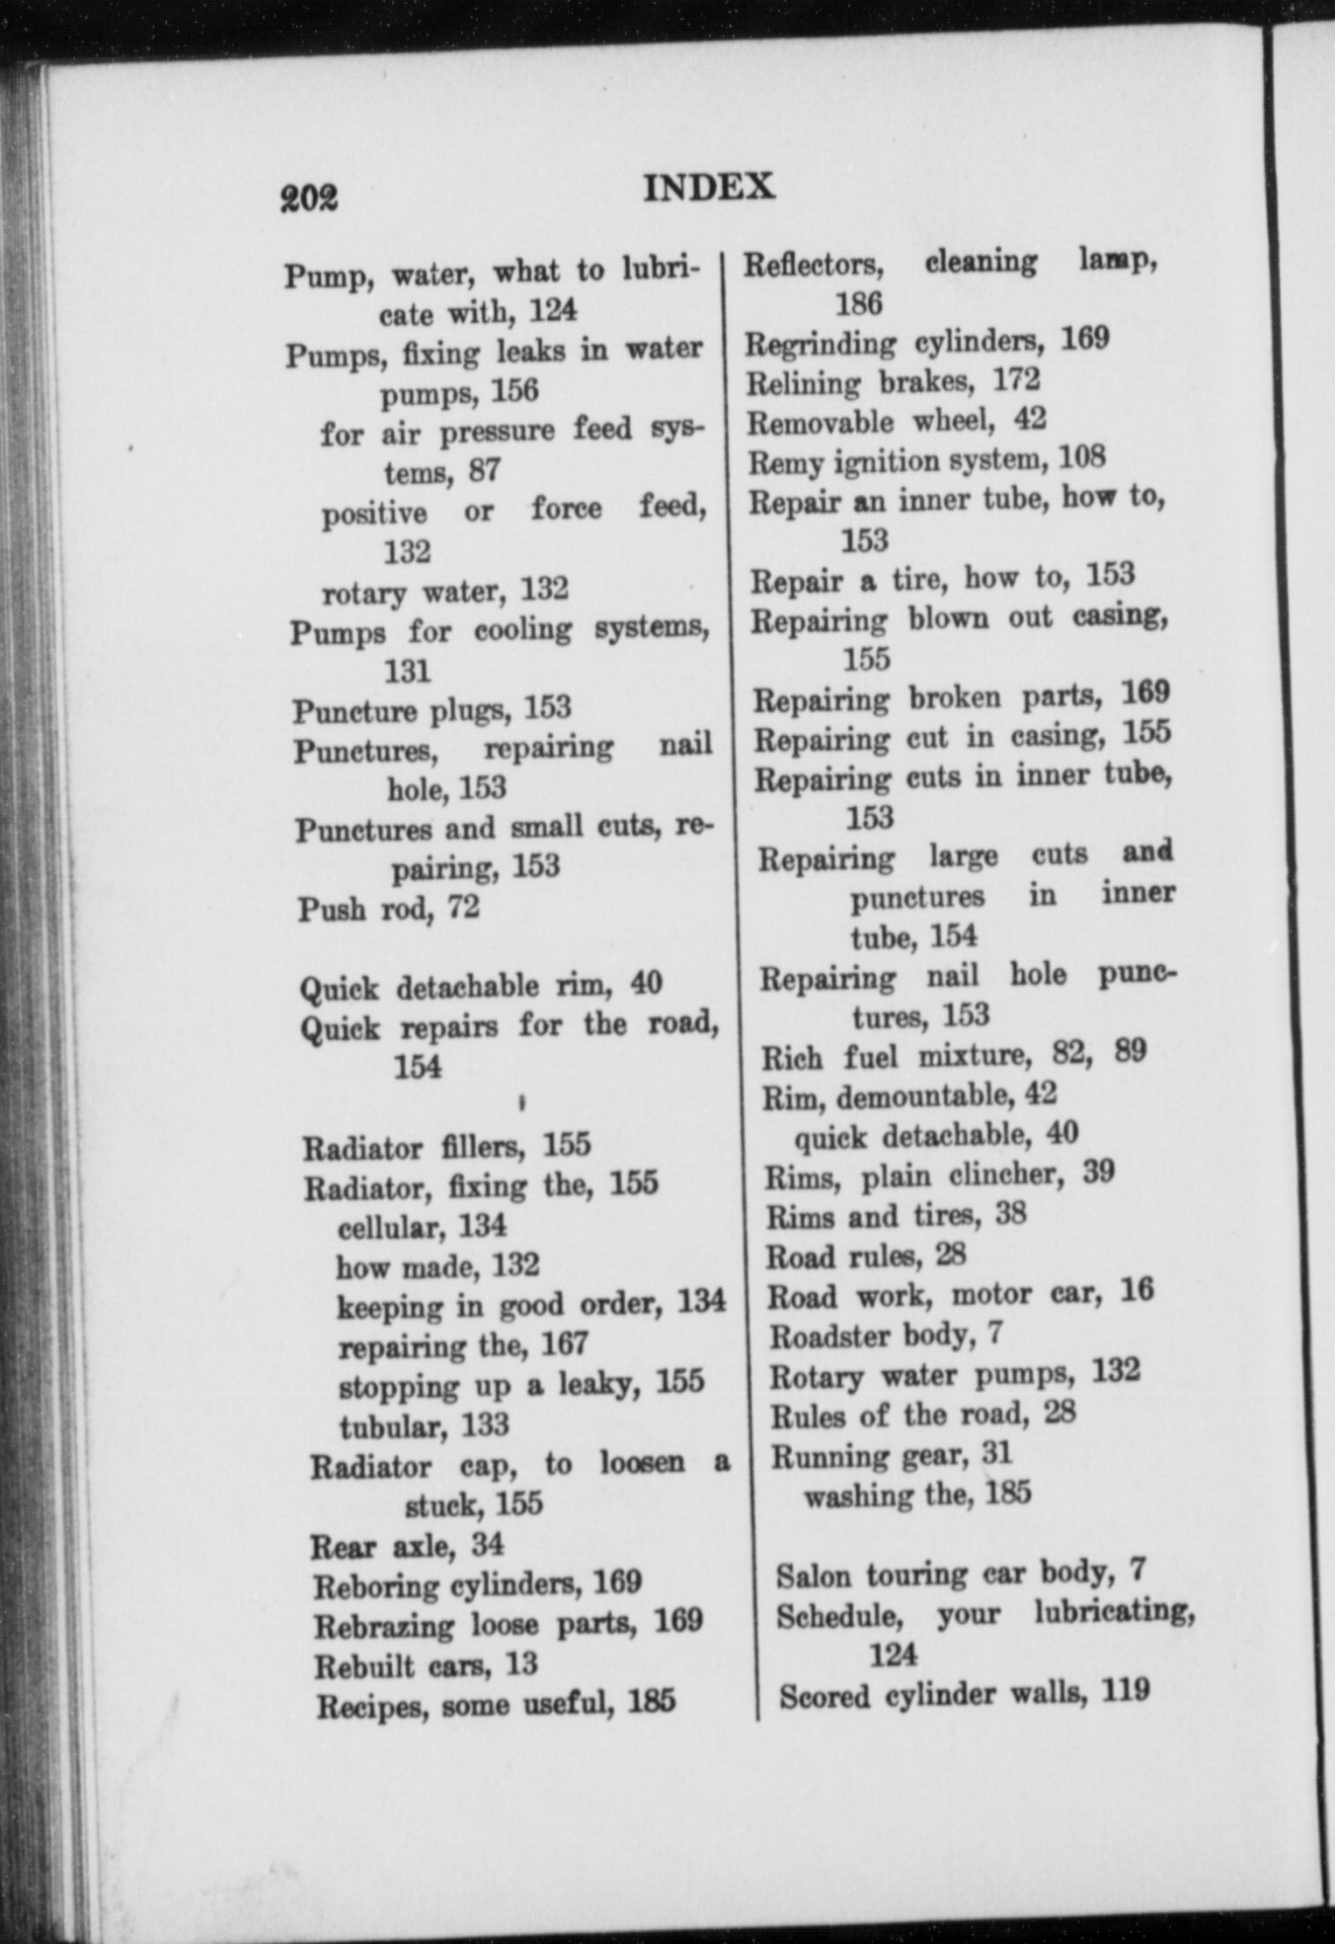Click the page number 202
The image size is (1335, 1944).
[309, 197]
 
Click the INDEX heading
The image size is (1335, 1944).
[708, 188]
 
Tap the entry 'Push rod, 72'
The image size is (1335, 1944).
[389, 908]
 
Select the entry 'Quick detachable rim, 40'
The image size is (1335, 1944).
[480, 986]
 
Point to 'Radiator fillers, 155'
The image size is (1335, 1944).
[446, 1146]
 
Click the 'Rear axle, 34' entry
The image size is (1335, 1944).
[407, 1544]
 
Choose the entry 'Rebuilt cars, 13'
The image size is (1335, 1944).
[426, 1665]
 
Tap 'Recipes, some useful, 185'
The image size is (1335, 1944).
[496, 1704]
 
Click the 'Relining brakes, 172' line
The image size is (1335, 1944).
[893, 380]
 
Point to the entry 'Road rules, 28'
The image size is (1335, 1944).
[866, 1255]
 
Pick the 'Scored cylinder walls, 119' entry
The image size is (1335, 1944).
[964, 1695]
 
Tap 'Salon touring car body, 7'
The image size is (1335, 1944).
[960, 1573]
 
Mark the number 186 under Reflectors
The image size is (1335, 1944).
[858, 303]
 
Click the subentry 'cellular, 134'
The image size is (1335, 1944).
[422, 1227]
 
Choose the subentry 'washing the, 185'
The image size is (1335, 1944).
[917, 1495]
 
